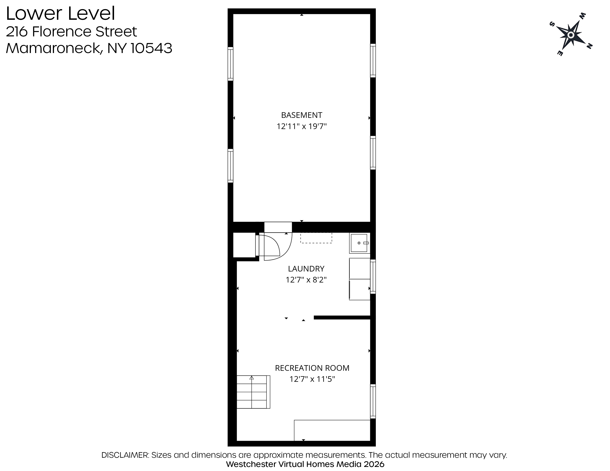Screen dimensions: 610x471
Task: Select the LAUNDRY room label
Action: (x=306, y=269)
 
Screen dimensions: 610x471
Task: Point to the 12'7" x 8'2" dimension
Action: (x=306, y=280)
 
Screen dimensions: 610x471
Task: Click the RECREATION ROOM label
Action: (x=312, y=368)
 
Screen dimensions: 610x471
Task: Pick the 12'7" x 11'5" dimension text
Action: (x=312, y=379)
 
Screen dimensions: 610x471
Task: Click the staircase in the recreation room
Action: (x=253, y=392)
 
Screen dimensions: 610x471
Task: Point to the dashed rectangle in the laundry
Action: (x=316, y=238)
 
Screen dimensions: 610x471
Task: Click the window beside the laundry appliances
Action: (x=373, y=277)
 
